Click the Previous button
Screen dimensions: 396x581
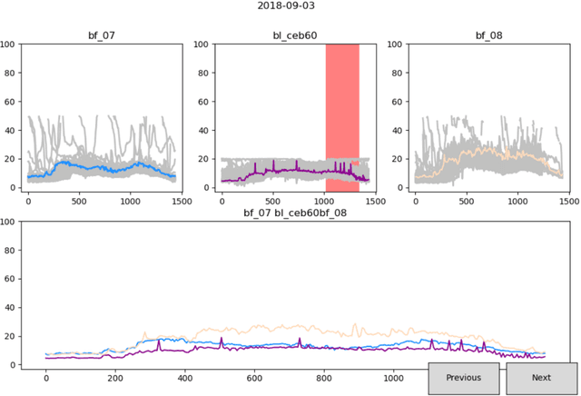point(463,378)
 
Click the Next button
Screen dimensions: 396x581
point(541,378)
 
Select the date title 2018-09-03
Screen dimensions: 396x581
point(290,6)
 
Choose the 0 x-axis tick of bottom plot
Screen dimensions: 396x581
point(46,376)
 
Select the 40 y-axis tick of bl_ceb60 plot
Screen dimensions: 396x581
point(205,130)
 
